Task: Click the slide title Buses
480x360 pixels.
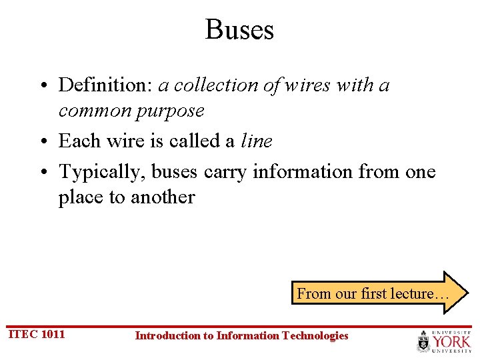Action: point(239,30)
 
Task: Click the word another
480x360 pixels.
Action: point(163,197)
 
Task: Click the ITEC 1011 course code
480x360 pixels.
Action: point(36,334)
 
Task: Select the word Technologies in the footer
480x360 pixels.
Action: point(315,335)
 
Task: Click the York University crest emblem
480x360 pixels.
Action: point(423,342)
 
